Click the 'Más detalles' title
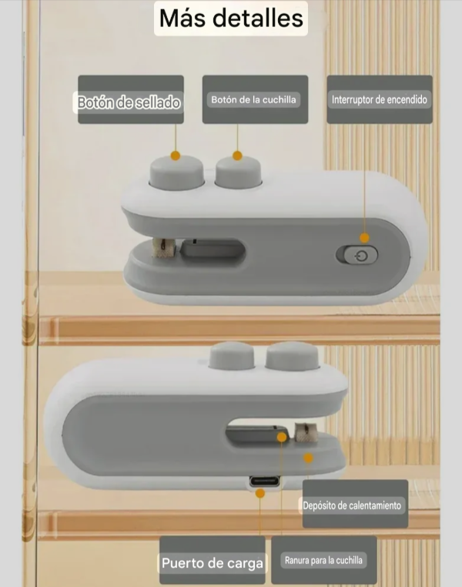coord(231,18)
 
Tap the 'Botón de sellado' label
coord(129,102)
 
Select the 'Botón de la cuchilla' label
coord(253,99)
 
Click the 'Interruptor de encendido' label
coord(380,99)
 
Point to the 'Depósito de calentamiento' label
coord(352,505)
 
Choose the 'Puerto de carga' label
coord(213,563)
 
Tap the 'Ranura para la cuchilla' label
coord(323,560)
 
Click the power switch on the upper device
coord(357,255)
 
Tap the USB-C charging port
coord(264,481)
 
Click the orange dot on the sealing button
coord(175,156)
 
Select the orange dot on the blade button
coord(237,156)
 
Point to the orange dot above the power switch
coord(364,237)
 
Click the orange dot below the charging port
coord(260,494)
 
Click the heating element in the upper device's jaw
coord(161,248)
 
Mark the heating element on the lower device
coord(306,434)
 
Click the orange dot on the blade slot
coord(282,437)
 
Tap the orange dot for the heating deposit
coord(308,458)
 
